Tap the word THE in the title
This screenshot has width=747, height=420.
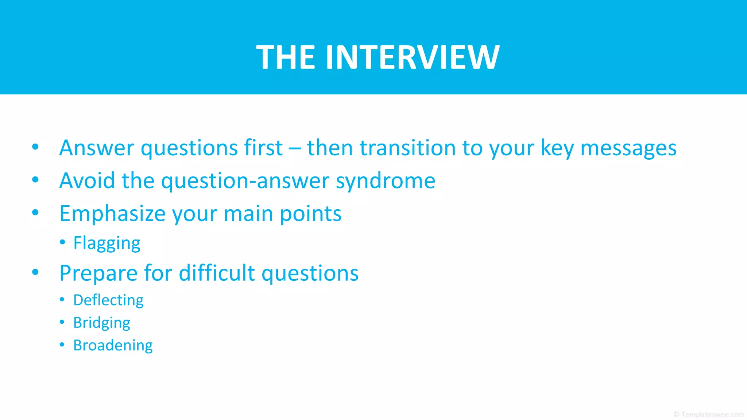286,57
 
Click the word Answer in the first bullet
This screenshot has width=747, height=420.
97,148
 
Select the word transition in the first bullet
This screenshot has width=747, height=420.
407,148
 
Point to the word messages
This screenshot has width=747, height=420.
628,149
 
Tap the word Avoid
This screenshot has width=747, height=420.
87,180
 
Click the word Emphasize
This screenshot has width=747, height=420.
112,214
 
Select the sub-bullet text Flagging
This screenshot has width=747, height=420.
107,243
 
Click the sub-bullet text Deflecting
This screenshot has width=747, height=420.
108,300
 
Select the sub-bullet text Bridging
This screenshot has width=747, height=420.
101,323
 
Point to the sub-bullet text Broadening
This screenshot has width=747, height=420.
113,345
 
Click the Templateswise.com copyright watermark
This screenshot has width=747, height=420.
709,415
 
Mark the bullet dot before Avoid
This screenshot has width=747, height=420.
35,179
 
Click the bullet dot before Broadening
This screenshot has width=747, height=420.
62,344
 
